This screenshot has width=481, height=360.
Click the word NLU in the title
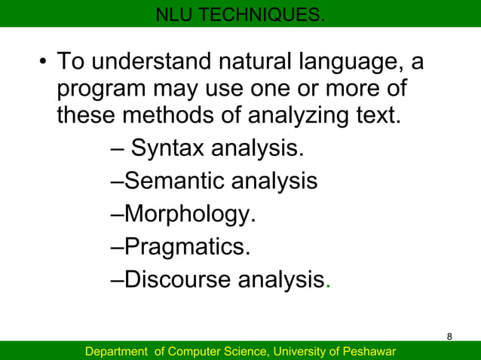click(x=173, y=14)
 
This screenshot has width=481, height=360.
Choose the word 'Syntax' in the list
click(x=167, y=149)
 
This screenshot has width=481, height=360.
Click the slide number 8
click(x=450, y=336)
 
